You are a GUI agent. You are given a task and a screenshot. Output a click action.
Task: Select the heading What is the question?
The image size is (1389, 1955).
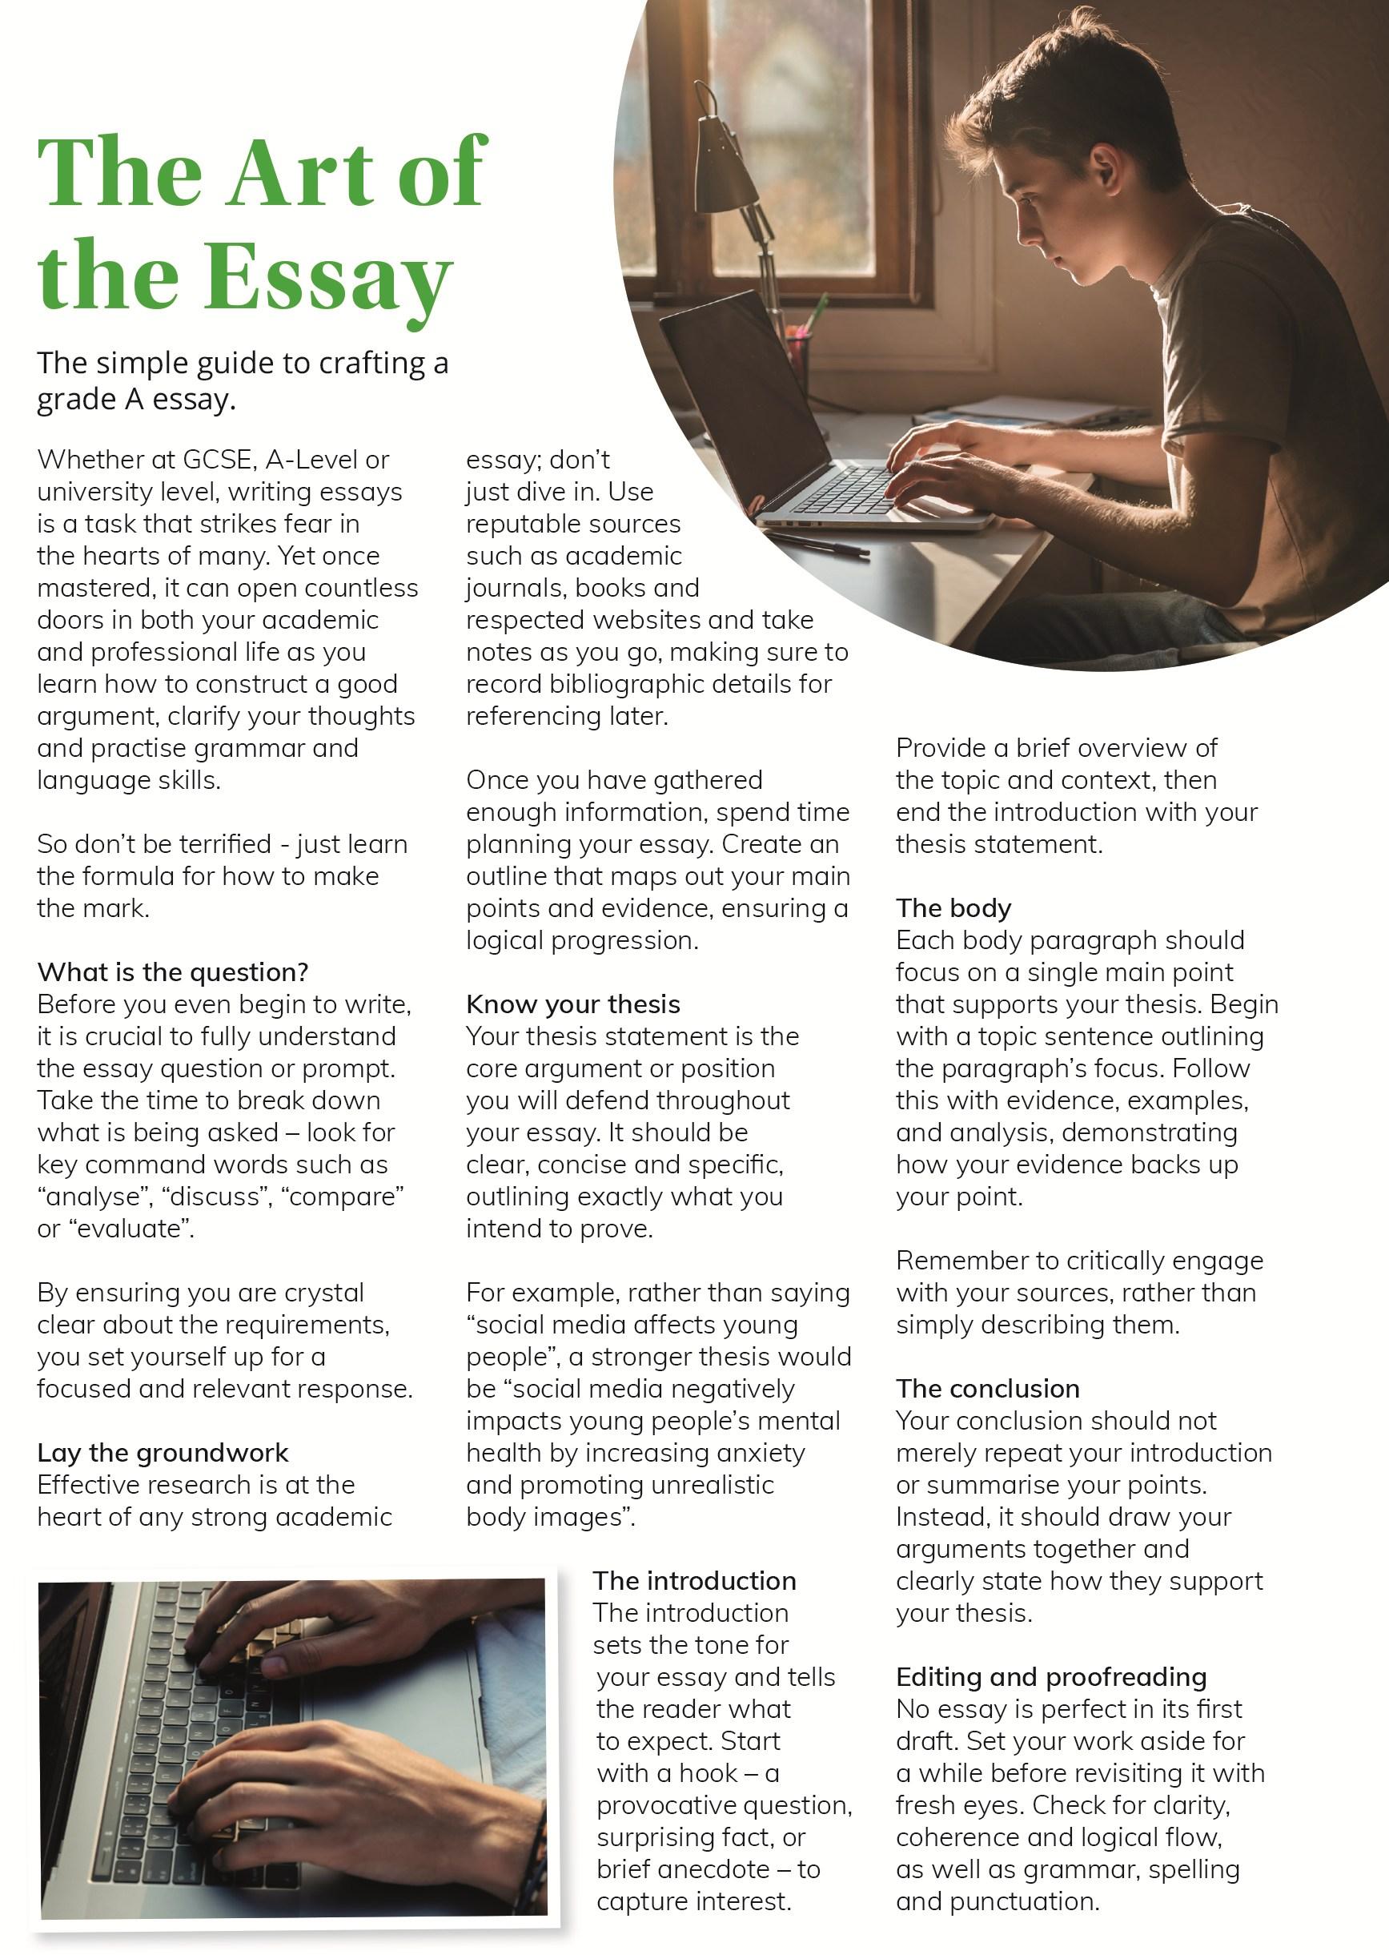(x=172, y=972)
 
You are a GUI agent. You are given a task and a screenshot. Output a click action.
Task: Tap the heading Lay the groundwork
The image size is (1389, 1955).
(x=163, y=1453)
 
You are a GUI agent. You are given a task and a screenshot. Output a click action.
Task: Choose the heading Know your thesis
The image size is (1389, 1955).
(x=573, y=1004)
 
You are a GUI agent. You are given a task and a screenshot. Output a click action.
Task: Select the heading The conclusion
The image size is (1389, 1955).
(x=987, y=1389)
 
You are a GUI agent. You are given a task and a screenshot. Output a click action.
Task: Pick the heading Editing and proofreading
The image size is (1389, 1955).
(x=1050, y=1677)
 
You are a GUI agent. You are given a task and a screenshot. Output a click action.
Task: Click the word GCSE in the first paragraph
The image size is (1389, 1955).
(x=218, y=461)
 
